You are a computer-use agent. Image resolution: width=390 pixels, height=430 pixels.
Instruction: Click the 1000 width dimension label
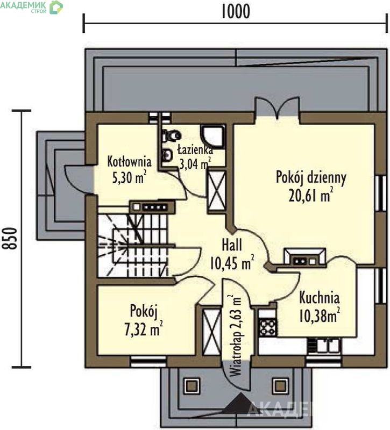236,12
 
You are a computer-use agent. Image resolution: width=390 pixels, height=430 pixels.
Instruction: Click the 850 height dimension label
10,238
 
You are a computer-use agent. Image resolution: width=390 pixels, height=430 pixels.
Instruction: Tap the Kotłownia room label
129,162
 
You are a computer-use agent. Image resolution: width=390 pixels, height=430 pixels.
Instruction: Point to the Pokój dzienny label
311,178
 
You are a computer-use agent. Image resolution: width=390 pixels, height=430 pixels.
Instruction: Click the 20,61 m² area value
311,196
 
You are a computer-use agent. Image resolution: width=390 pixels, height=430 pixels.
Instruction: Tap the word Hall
232,245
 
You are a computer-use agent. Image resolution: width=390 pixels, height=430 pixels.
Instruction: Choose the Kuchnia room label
319,298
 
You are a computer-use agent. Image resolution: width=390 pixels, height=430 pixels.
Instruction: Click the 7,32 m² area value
143,329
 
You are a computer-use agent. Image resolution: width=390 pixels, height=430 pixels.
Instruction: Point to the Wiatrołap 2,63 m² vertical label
235,336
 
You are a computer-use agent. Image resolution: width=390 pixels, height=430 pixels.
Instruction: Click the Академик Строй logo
32,7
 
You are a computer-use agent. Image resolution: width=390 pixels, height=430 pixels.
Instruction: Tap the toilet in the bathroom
172,135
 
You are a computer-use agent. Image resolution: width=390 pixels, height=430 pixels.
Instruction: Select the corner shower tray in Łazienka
214,137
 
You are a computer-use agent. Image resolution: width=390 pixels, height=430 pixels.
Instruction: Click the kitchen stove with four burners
267,327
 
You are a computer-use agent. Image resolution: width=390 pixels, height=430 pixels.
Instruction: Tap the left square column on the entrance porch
192,386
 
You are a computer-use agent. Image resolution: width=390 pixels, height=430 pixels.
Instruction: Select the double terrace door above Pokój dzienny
277,108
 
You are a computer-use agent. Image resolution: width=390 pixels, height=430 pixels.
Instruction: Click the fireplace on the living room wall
304,257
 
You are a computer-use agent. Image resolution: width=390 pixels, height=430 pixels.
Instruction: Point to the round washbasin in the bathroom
167,155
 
